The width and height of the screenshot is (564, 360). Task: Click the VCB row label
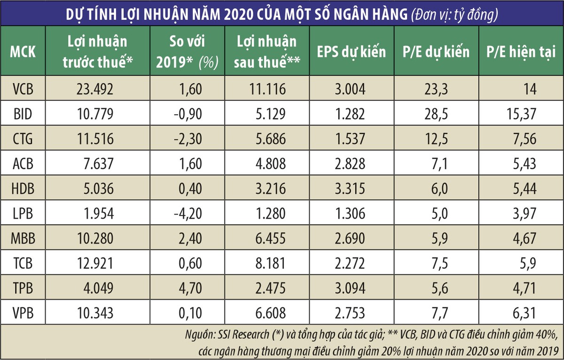23,88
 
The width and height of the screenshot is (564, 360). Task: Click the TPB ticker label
23,288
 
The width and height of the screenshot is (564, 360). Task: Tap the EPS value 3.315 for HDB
352,188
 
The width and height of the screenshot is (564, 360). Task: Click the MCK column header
23,51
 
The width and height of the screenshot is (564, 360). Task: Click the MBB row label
23,238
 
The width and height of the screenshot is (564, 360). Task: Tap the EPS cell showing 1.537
352,138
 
